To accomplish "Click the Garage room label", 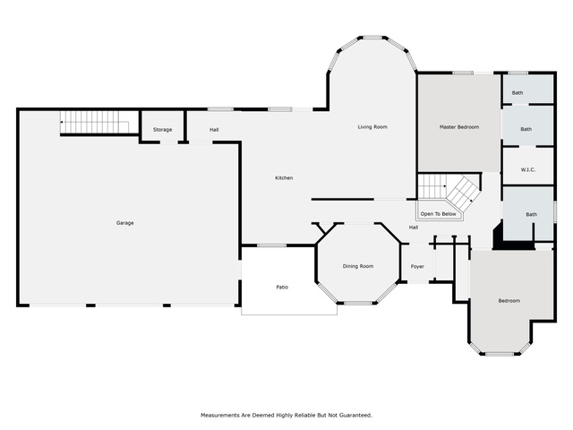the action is click(x=125, y=223).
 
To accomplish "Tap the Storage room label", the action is click(x=163, y=129).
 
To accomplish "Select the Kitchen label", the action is click(x=284, y=177).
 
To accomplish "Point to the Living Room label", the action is click(x=372, y=127).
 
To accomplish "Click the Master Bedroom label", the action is click(x=459, y=127).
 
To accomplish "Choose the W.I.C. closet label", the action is click(x=528, y=169).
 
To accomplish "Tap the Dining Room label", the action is click(x=358, y=266).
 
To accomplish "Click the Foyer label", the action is click(x=417, y=267).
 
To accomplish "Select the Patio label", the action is click(x=282, y=287).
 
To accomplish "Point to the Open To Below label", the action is click(x=438, y=214).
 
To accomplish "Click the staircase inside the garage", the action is click(x=95, y=122).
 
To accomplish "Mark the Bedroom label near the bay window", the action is click(x=509, y=301).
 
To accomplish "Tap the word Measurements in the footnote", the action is click(x=219, y=415).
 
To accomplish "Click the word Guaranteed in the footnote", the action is click(x=355, y=415).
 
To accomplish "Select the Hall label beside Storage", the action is click(x=214, y=129).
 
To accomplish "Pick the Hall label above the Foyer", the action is click(x=414, y=228).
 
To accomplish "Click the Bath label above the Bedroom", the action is click(x=531, y=214).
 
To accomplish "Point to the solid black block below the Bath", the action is click(x=513, y=241).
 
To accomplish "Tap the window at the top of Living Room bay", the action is click(x=372, y=38).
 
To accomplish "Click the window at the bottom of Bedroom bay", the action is click(x=500, y=354).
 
